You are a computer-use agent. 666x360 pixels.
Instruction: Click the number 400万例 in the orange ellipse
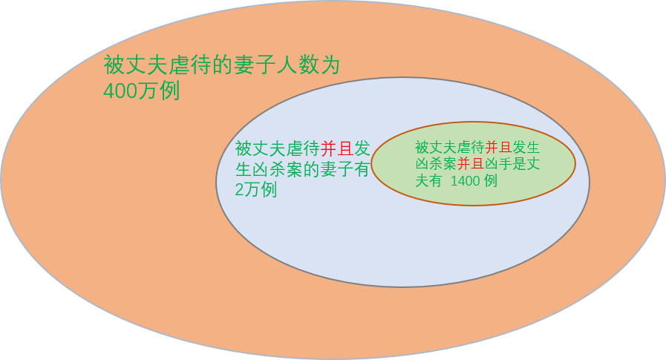141,92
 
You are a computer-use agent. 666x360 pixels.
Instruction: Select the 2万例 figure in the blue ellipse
256,190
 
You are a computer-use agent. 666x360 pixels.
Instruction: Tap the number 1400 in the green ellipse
465,180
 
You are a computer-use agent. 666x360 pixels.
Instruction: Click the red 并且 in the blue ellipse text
337,148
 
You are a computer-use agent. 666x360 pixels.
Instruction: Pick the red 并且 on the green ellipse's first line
498,147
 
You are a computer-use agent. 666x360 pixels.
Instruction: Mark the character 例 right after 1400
489,180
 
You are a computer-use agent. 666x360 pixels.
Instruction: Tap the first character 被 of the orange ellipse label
113,65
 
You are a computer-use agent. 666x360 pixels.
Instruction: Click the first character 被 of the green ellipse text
422,147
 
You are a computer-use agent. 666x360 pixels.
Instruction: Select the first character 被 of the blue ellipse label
244,148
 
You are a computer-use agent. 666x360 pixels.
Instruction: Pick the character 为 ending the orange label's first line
330,65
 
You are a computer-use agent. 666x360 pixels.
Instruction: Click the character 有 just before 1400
436,180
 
